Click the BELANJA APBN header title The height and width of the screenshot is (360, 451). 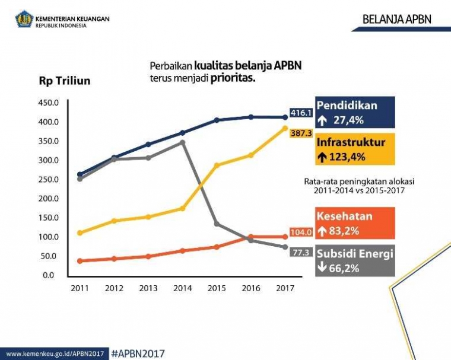tap(397, 20)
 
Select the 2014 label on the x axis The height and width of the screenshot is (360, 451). tap(182, 288)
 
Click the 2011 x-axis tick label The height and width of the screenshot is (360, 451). tap(80, 288)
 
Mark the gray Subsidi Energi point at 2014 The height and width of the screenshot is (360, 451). tap(182, 143)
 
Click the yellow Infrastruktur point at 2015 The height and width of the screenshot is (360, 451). tap(217, 165)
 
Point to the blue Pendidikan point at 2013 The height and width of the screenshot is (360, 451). tap(148, 144)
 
